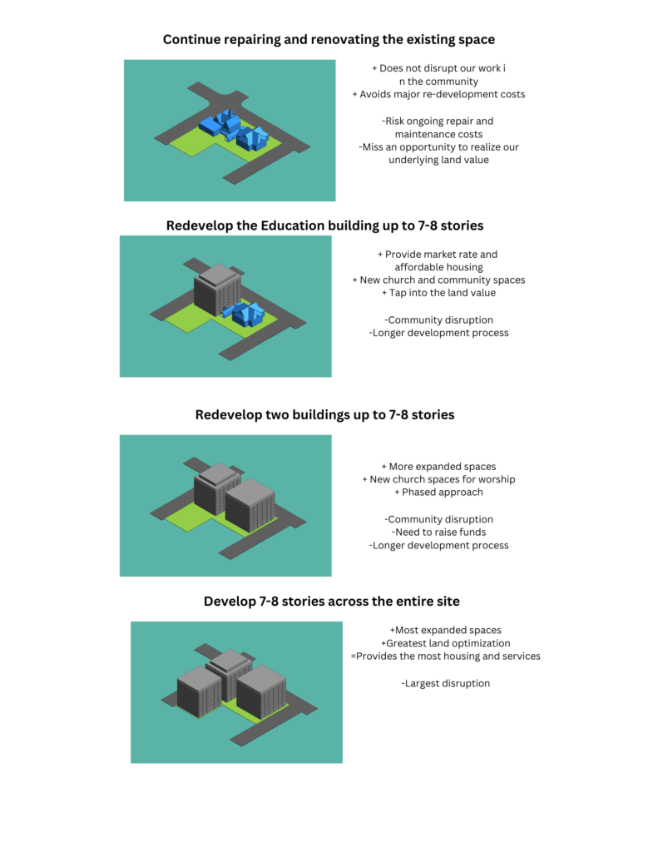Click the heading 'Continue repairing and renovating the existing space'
(329, 40)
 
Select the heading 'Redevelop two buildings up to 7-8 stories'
(325, 414)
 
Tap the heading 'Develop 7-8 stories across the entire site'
(331, 601)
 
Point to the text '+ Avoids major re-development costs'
(438, 94)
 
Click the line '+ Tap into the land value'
(438, 293)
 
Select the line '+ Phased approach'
(438, 493)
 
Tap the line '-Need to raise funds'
(438, 532)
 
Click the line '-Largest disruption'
(446, 683)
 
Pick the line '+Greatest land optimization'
(446, 643)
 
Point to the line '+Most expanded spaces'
(446, 631)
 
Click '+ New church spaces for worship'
(438, 479)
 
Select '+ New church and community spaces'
(438, 280)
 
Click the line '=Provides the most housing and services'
(446, 656)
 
